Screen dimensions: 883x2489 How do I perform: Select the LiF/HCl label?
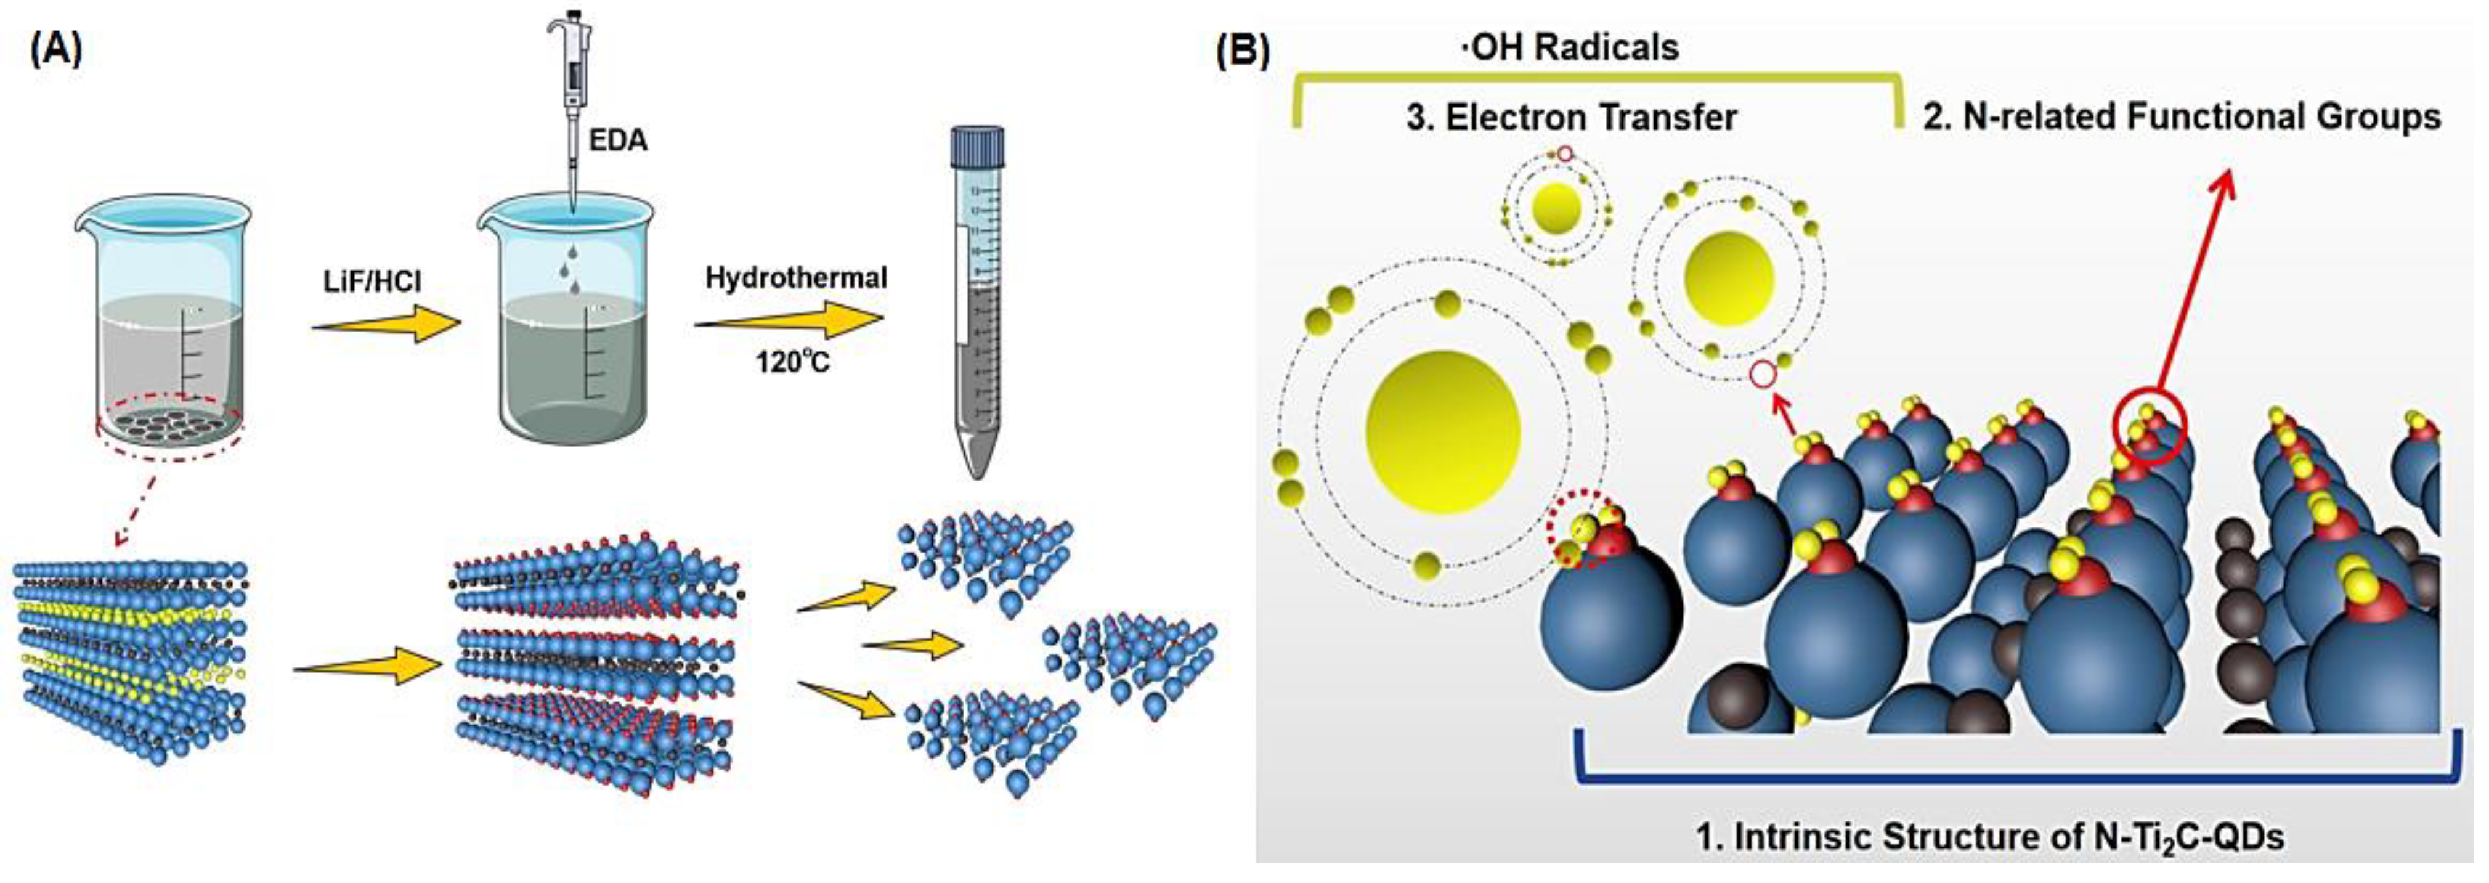point(373,282)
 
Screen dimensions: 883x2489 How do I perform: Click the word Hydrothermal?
point(795,279)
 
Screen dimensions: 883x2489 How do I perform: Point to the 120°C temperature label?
point(792,364)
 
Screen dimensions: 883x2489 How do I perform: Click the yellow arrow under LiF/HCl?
point(386,323)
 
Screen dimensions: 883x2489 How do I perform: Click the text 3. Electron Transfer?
point(1571,117)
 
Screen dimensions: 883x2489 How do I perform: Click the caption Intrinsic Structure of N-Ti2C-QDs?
point(1991,837)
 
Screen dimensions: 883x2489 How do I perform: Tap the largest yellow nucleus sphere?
point(1443,431)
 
